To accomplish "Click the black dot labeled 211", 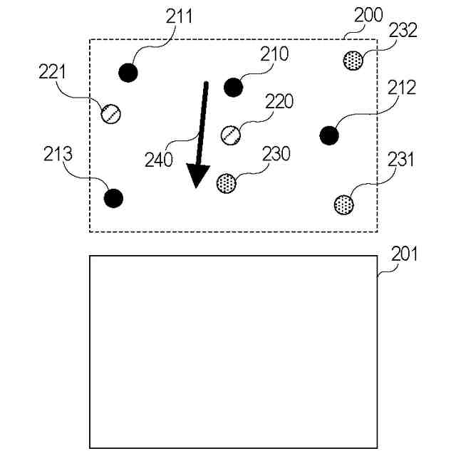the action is pos(128,72).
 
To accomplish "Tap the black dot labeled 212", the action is pos(328,135).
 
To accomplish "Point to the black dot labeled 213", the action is pos(113,198).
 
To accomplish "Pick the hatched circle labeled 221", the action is pos(110,113).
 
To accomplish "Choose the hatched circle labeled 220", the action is pos(230,134).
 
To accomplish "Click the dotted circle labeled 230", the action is pos(226,182).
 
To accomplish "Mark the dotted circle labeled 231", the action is pos(344,204).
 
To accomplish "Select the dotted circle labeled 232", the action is pos(353,59).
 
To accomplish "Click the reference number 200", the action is pos(368,14).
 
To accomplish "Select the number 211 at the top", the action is pos(179,14).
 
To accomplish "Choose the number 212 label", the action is pos(402,88).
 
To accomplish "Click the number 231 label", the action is pos(400,159).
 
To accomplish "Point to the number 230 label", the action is pos(276,154).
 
